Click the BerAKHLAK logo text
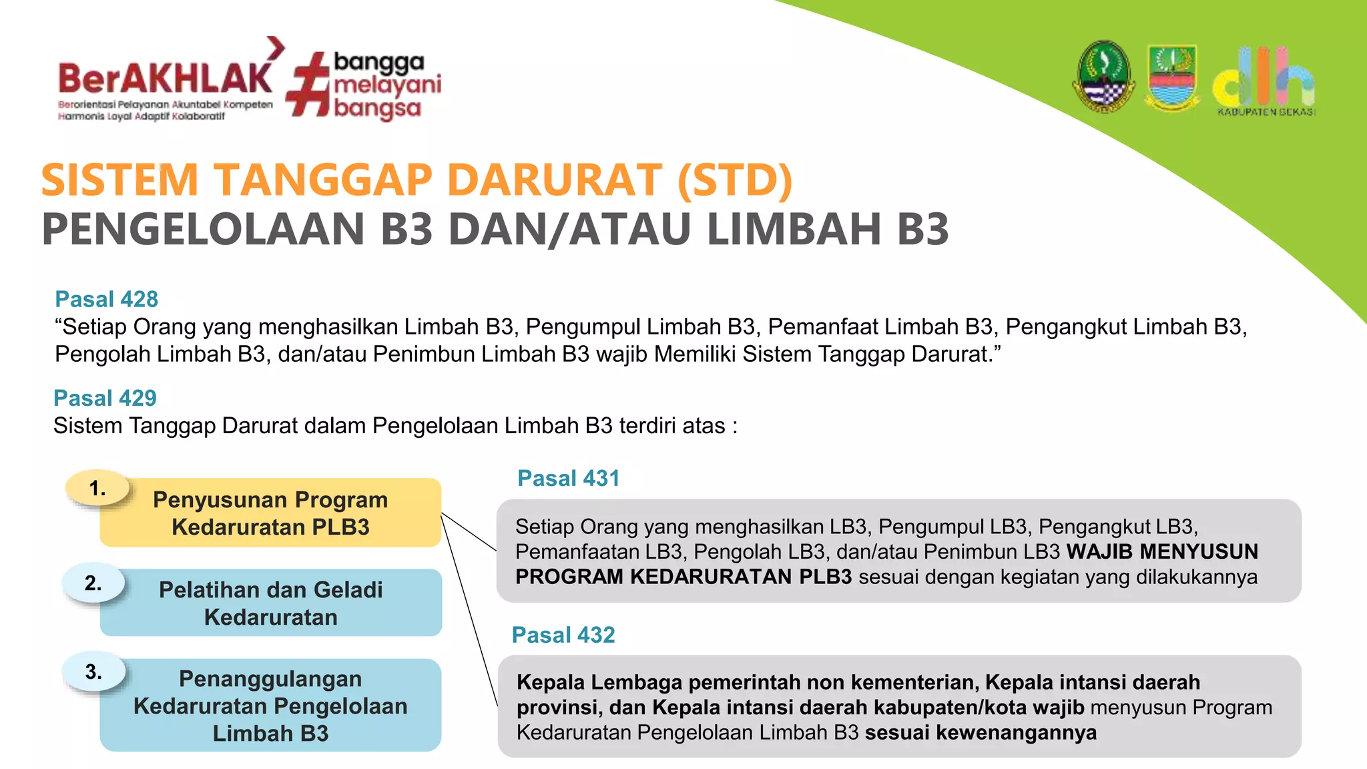pos(166,79)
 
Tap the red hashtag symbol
pos(308,85)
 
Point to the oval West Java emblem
pos(1104,77)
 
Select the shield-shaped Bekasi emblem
pos(1171,77)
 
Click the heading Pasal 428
pos(106,299)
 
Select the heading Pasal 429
pos(105,398)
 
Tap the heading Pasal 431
pos(568,478)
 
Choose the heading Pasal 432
pos(563,635)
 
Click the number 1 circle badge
pos(97,489)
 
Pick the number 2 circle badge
pos(93,583)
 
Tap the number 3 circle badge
pos(93,672)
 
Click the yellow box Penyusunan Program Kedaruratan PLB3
pos(270,513)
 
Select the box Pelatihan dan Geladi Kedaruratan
pos(270,603)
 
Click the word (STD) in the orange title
pos(734,180)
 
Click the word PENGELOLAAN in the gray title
pos(203,229)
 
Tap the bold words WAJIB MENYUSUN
pos(1162,551)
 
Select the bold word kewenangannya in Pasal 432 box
pos(1016,732)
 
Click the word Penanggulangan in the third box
pos(270,679)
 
